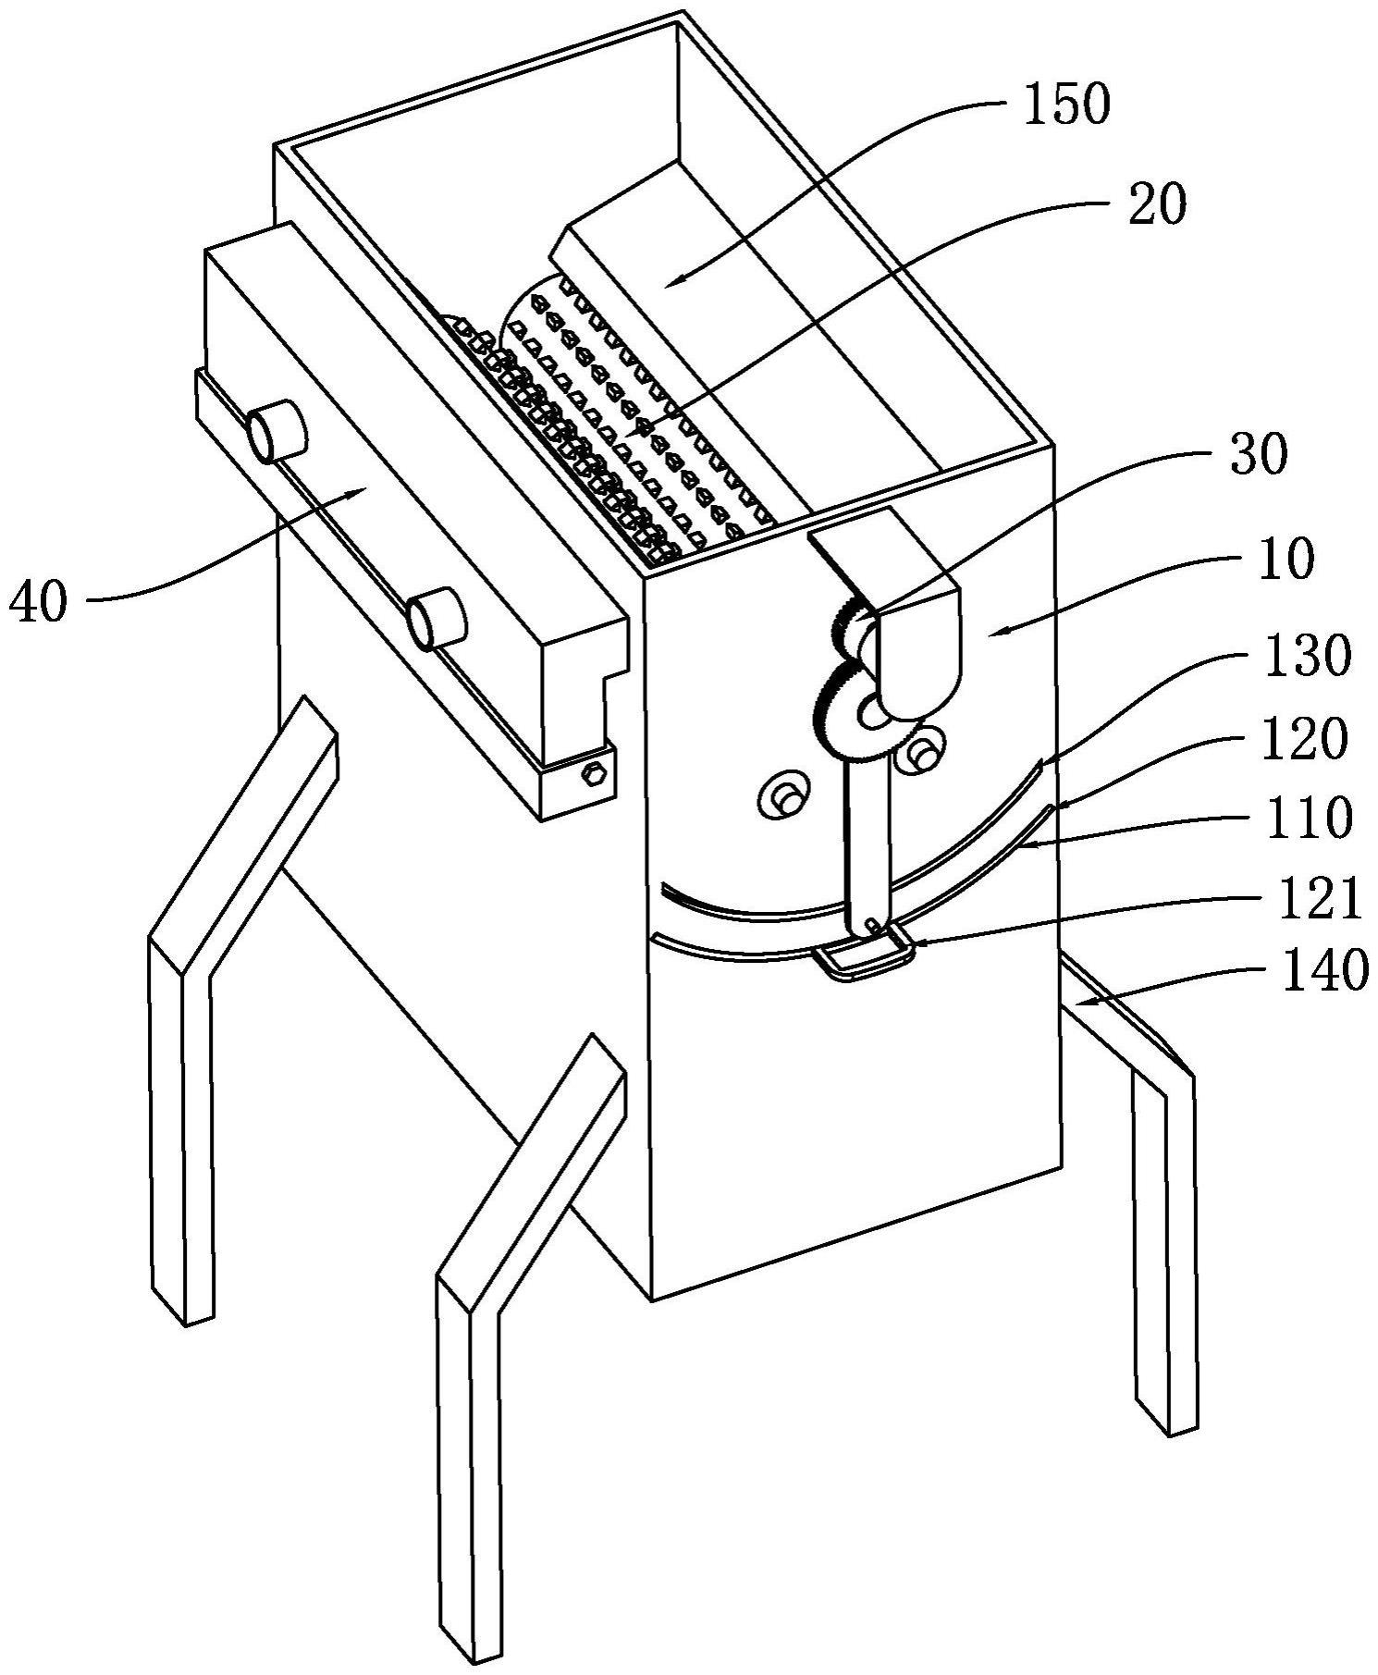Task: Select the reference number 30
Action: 1259,455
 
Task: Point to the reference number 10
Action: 1286,560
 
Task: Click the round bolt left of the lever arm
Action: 781,794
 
